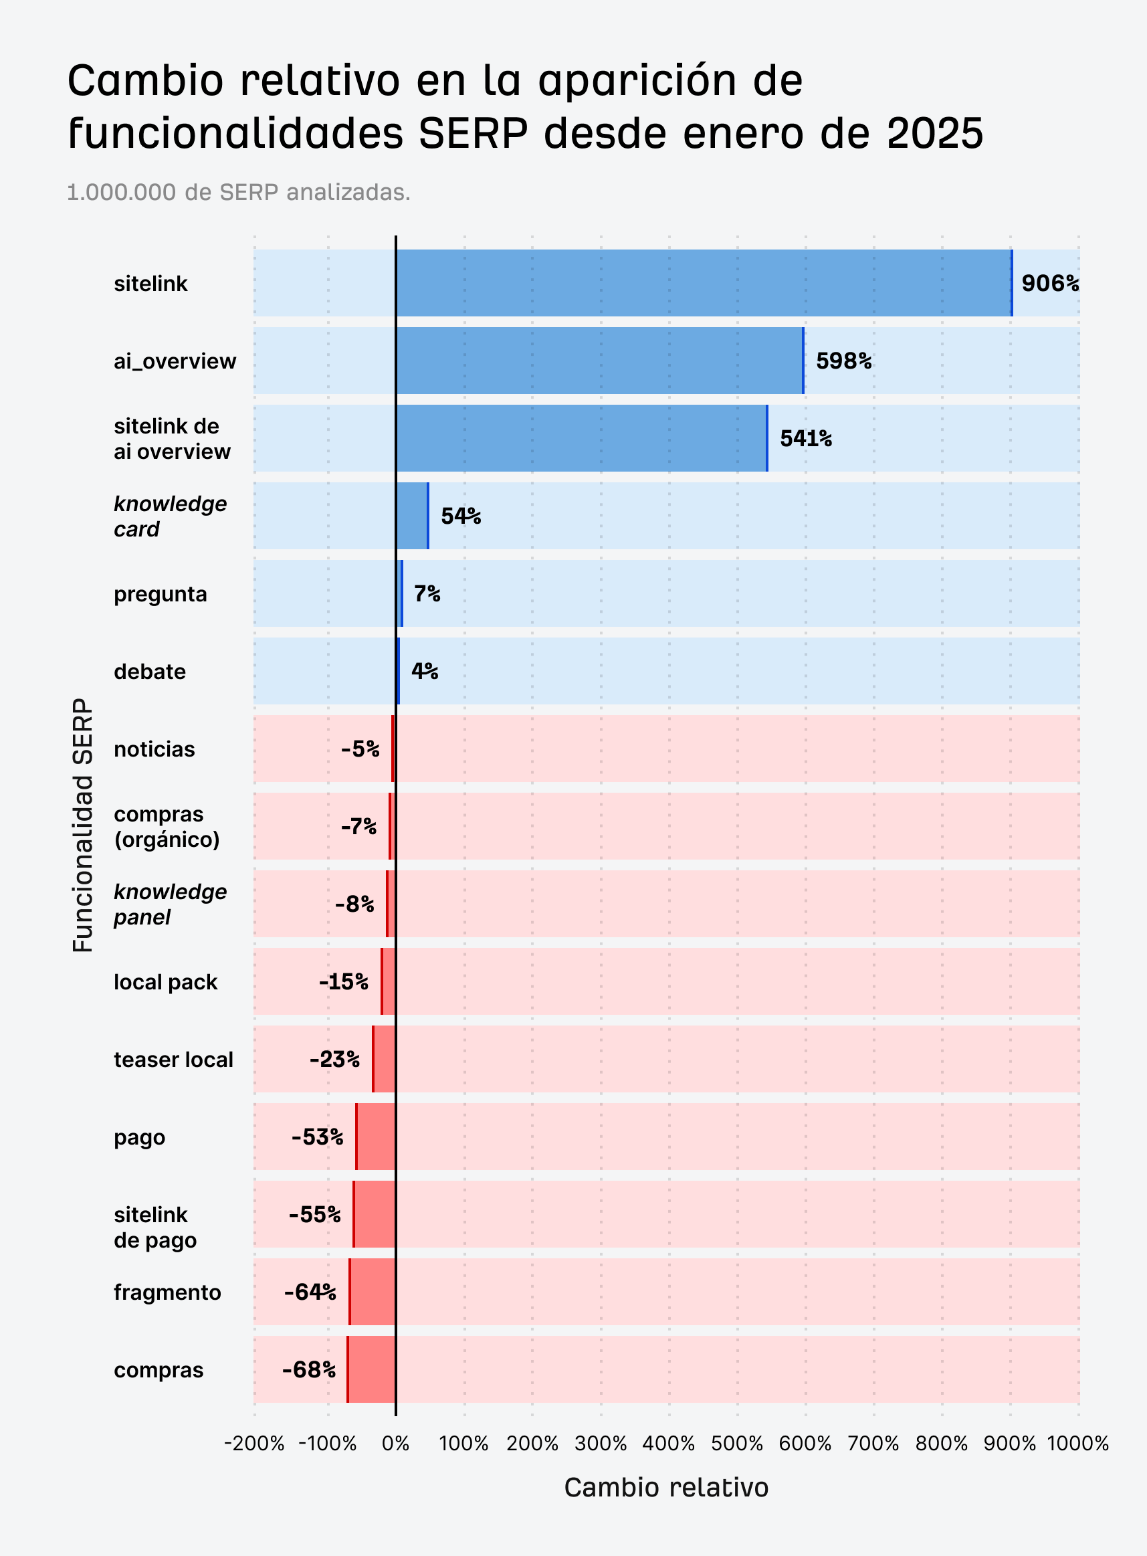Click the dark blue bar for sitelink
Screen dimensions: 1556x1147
703,283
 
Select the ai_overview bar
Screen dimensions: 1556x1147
599,361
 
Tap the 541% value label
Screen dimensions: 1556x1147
805,439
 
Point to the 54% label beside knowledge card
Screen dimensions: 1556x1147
460,516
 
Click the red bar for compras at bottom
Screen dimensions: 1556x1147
371,1369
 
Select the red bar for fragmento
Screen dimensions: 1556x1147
373,1292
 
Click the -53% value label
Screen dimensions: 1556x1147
317,1137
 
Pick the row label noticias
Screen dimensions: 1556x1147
154,749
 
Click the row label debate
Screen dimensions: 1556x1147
150,672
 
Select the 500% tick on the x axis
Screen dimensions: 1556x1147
736,1444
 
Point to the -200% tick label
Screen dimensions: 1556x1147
254,1444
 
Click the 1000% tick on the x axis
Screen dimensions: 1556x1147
1077,1444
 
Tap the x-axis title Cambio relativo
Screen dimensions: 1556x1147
666,1488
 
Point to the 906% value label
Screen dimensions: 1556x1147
1050,283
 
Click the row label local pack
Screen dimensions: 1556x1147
165,982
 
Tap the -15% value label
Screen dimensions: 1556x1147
344,982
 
